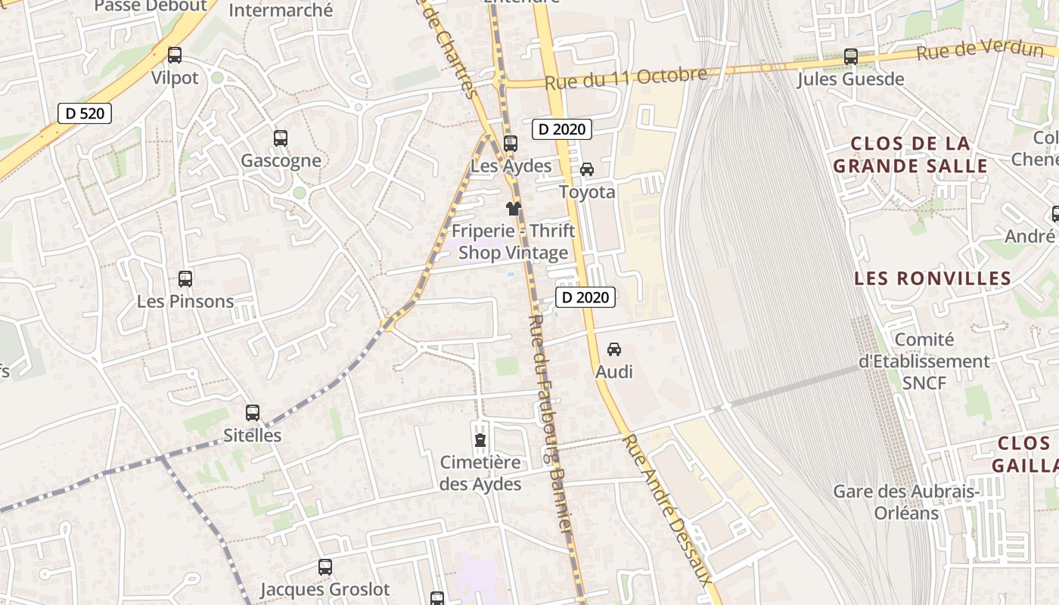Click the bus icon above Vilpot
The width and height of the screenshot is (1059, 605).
coord(175,55)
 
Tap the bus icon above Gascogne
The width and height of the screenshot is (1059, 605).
coord(281,138)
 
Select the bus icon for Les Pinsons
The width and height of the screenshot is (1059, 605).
coord(185,279)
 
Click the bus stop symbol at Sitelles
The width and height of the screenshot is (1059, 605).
coord(253,413)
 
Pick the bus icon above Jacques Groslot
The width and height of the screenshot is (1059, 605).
coord(325,567)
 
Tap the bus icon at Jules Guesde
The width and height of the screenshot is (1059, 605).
coord(851,57)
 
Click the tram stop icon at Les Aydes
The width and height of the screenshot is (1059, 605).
coord(511,144)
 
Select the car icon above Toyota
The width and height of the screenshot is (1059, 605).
coord(587,169)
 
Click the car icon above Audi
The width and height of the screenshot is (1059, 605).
coord(614,349)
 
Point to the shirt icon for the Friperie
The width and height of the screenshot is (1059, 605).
coord(514,209)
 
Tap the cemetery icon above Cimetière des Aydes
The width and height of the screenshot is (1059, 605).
coord(480,439)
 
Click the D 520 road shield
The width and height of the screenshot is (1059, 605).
coord(85,113)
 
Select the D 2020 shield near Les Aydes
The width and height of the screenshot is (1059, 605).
coord(562,129)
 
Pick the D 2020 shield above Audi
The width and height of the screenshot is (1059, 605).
coord(585,297)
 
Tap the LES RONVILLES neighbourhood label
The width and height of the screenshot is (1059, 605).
coord(933,278)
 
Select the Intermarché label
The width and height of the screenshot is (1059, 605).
coord(281,11)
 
